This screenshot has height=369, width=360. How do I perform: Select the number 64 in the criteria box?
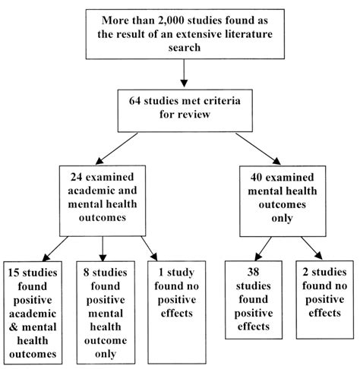click(135, 101)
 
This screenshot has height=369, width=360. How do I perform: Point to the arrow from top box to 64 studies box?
click(184, 73)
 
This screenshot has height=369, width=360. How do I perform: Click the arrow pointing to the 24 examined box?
click(116, 149)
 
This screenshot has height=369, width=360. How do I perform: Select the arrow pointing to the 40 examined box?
click(258, 149)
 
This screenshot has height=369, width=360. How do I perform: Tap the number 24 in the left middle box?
click(76, 177)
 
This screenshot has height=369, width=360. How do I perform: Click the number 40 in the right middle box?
click(256, 177)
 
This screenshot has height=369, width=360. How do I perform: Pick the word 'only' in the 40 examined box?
click(283, 218)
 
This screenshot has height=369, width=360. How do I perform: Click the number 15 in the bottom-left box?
click(14, 273)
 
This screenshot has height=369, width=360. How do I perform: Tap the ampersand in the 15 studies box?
click(14, 327)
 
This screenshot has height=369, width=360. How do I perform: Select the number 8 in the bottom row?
click(87, 273)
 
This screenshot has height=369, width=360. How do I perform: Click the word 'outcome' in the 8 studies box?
click(106, 340)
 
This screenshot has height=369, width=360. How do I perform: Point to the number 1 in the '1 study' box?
click(161, 273)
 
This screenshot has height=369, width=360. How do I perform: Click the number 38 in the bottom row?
click(253, 272)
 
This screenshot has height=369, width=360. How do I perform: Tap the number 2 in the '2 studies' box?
click(305, 272)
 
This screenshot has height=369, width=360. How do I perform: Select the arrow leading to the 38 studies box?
click(263, 249)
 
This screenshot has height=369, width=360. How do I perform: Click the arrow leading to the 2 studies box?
click(311, 248)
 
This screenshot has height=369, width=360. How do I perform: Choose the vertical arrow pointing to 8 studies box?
click(103, 249)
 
